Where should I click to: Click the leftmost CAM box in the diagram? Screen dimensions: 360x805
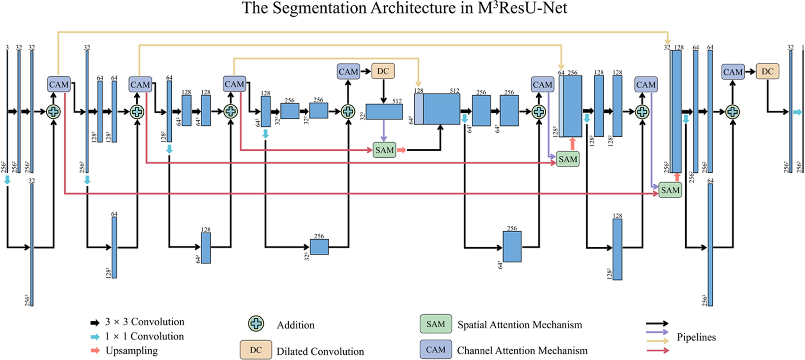(59, 85)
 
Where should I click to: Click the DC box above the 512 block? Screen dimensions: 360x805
(383, 71)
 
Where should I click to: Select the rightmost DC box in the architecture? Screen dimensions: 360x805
(768, 71)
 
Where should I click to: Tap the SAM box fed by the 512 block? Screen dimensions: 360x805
(384, 150)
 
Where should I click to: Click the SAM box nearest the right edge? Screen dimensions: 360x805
(670, 190)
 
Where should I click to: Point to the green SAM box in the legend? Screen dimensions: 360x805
(436, 324)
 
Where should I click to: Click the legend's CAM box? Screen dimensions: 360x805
(436, 350)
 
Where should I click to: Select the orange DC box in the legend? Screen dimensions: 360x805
(256, 350)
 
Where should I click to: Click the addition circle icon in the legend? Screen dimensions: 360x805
(256, 323)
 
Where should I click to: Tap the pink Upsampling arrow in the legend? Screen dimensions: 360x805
(95, 351)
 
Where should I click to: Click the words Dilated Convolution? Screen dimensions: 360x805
(320, 352)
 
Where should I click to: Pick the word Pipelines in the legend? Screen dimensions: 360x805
(696, 337)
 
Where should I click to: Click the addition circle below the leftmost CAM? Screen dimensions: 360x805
(54, 111)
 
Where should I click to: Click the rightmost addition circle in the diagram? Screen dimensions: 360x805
(732, 111)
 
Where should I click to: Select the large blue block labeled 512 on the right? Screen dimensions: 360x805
(441, 109)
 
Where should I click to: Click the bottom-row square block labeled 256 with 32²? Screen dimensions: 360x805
(319, 247)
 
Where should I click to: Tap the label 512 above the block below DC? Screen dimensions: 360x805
(397, 101)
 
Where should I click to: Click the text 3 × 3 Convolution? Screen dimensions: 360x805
(145, 322)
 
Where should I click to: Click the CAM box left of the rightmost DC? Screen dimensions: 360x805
(732, 72)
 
